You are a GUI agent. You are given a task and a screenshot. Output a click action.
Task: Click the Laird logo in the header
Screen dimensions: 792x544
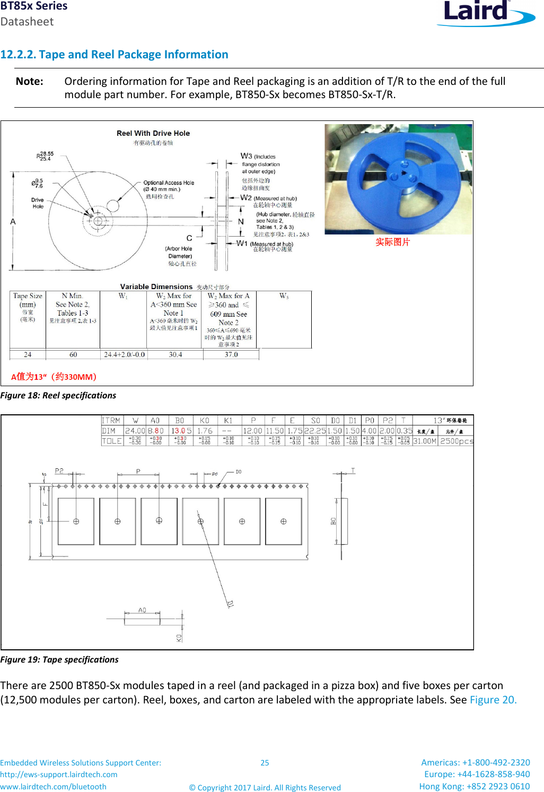point(485,13)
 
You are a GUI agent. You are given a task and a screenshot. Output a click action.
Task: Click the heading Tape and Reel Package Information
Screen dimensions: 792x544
point(114,55)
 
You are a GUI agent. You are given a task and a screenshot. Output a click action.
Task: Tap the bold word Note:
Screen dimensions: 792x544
point(30,81)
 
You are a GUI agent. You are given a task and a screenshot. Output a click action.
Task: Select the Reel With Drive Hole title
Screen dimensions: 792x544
point(153,133)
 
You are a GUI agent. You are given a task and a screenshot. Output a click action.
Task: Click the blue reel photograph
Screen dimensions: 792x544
point(398,179)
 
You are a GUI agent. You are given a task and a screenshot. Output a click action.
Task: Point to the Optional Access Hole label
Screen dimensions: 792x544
point(168,183)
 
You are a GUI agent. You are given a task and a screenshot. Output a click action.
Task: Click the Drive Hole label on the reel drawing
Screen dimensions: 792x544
point(37,203)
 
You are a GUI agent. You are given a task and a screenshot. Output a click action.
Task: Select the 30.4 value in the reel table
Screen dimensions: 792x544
point(175,354)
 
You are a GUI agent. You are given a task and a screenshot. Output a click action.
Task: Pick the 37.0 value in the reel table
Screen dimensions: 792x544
point(231,354)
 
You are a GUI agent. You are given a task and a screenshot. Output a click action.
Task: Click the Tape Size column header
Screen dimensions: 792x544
point(28,296)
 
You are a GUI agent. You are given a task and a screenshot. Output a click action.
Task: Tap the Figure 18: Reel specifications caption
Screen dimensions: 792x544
point(58,395)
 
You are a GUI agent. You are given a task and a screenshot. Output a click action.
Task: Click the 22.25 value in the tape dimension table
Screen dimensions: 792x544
point(315,431)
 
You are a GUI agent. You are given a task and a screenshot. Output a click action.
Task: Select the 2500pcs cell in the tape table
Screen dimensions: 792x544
point(456,441)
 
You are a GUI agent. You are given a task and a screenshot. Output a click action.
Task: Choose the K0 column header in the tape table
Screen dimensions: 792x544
point(204,421)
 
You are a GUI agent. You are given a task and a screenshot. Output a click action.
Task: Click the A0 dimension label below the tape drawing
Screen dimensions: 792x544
point(142,610)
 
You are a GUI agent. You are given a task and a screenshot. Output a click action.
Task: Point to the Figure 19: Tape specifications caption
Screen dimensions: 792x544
point(59,659)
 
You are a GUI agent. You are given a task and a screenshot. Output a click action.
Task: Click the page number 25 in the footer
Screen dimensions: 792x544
point(265,763)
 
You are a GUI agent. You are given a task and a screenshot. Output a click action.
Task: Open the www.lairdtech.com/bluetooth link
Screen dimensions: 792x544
point(53,787)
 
